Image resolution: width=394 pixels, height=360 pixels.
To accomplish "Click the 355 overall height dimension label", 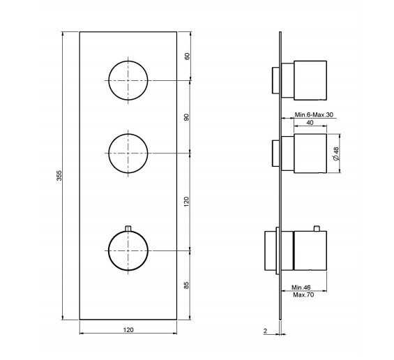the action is coord(59,176).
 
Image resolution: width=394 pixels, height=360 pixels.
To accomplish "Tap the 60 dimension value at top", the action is coord(187,56).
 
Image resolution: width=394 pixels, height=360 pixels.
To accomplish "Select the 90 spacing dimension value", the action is coord(187,117).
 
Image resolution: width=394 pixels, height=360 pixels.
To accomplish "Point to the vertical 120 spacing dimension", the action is coord(186,202).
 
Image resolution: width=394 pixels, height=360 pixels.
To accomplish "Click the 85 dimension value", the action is coord(186,285).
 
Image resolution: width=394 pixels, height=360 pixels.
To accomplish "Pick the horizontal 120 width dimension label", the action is coord(128,329).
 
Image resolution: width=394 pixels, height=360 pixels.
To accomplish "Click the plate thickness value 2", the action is coord(266,331).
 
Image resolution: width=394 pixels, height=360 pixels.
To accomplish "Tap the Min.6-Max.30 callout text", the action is coord(314,114).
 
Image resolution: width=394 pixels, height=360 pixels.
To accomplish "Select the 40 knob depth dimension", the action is coord(310,122).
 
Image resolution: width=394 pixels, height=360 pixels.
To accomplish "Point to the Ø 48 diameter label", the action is coord(336,153).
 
